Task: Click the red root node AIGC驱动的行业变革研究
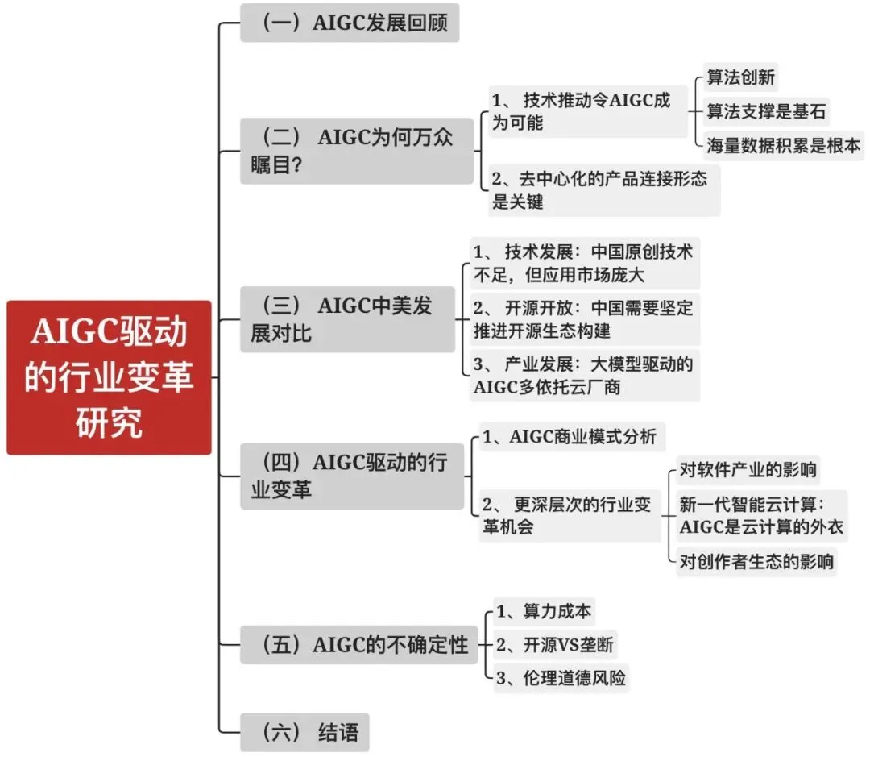(109, 377)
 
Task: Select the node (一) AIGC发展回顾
(350, 23)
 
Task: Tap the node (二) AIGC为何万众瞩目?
(356, 151)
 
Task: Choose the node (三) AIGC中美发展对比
(347, 318)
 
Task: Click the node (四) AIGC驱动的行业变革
(352, 476)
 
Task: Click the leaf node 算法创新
(740, 77)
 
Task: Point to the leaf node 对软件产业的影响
(749, 469)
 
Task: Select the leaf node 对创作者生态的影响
(756, 561)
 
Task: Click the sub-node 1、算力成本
(545, 611)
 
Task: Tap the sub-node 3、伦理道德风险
(561, 678)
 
